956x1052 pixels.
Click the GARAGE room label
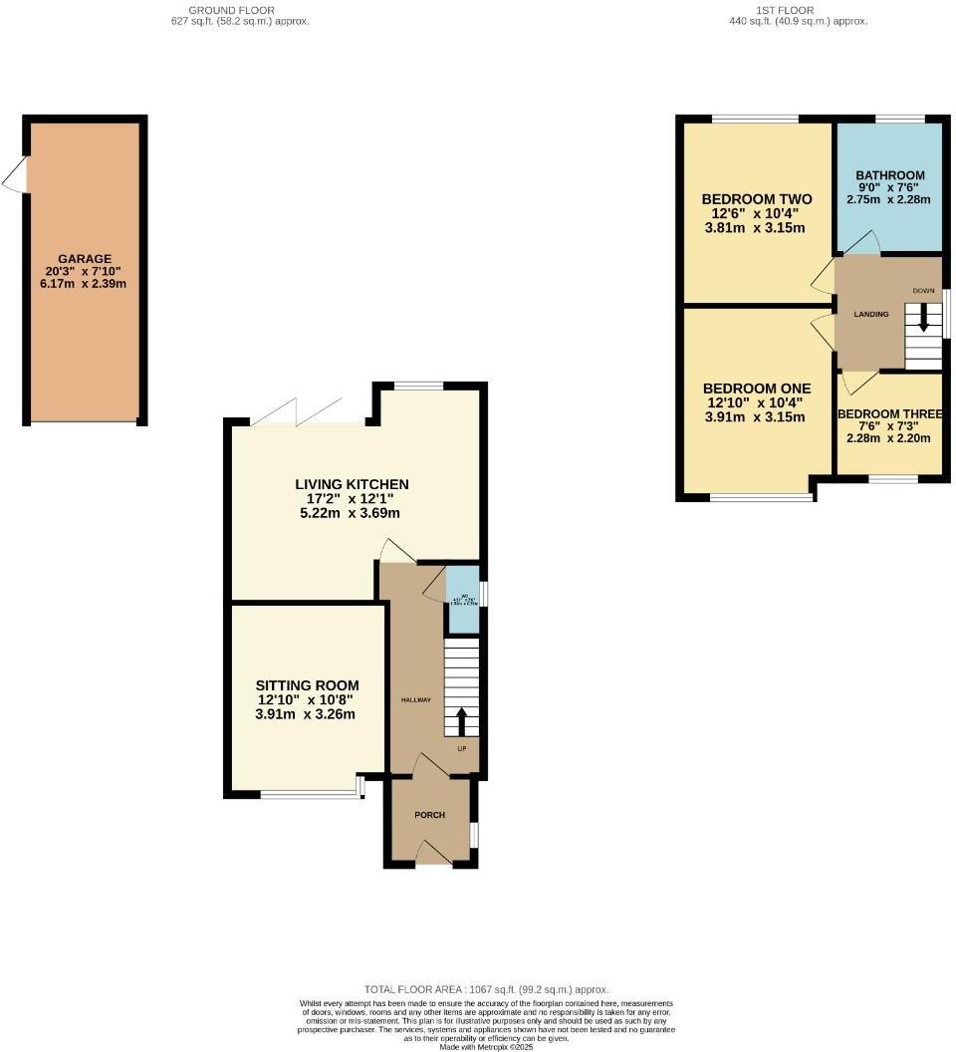point(84,258)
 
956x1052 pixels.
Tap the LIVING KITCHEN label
point(352,484)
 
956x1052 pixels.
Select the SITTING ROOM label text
point(307,685)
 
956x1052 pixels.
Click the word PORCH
point(429,815)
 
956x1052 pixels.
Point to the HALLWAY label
point(416,700)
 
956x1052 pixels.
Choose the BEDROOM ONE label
point(757,388)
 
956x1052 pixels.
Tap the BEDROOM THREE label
point(889,414)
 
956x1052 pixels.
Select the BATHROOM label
point(890,175)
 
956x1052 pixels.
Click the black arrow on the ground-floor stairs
point(461,720)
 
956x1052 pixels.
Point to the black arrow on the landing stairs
point(923,319)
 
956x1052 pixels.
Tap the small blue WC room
point(461,599)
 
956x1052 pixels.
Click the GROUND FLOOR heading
point(240,10)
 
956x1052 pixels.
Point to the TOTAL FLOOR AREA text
point(486,989)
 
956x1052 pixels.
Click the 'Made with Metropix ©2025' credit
point(486,1046)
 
